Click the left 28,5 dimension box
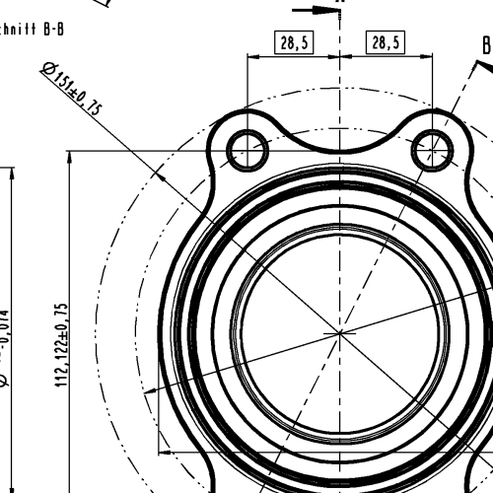coord(293,42)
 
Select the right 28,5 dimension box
coord(385,42)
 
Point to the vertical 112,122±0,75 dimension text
coord(63,345)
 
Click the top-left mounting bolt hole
coord(246,151)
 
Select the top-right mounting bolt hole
coord(433,151)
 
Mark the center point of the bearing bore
coord(340,333)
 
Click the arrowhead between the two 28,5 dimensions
coord(340,56)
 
